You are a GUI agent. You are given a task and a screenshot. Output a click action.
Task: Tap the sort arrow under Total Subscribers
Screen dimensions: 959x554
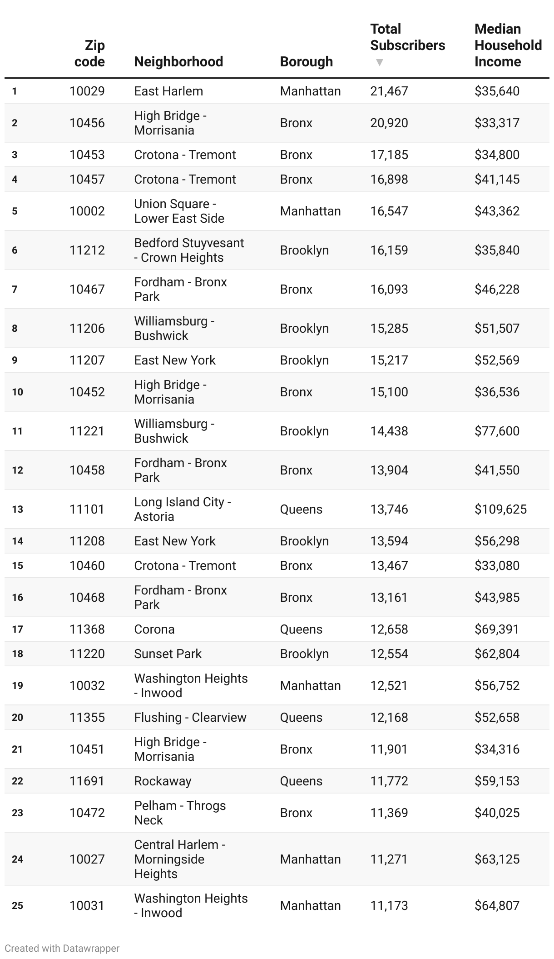pyautogui.click(x=380, y=62)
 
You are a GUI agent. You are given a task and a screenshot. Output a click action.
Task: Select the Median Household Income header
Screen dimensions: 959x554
pyautogui.click(x=508, y=45)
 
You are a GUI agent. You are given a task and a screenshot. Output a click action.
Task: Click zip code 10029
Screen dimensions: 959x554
pyautogui.click(x=87, y=91)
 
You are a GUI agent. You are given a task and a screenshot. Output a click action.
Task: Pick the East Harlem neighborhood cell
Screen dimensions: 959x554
pyautogui.click(x=168, y=91)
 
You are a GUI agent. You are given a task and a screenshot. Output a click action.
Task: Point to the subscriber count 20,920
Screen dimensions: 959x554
pyautogui.click(x=389, y=123)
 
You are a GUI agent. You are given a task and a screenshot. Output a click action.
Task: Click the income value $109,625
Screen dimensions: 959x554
pyautogui.click(x=500, y=509)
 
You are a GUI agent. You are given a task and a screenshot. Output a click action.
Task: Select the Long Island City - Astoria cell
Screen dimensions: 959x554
pyautogui.click(x=182, y=509)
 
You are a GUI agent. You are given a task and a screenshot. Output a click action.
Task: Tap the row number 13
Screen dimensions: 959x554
pyautogui.click(x=17, y=509)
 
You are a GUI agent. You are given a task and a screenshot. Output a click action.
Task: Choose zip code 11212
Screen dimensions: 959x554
pyautogui.click(x=87, y=250)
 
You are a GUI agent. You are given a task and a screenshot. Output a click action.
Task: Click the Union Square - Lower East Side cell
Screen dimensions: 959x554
pyautogui.click(x=179, y=211)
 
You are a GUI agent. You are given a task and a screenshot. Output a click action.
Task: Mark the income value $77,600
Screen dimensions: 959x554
pyautogui.click(x=497, y=431)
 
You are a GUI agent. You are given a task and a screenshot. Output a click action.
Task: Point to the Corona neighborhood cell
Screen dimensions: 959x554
pyautogui.click(x=154, y=629)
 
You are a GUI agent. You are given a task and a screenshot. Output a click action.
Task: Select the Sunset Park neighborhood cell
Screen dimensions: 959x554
pyautogui.click(x=168, y=654)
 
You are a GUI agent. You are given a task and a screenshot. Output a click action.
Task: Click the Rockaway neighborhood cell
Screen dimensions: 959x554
pyautogui.click(x=163, y=781)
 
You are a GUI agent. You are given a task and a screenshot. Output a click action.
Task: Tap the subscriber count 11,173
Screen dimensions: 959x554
pyautogui.click(x=389, y=906)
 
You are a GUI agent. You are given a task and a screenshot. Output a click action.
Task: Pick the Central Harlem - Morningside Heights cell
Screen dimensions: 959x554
pyautogui.click(x=179, y=859)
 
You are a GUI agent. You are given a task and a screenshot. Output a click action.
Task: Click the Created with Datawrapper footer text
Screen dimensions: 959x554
pyautogui.click(x=62, y=949)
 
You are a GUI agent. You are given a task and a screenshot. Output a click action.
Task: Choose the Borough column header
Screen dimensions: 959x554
pyautogui.click(x=306, y=62)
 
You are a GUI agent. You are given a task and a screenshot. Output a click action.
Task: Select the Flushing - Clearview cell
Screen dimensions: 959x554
pyautogui.click(x=190, y=718)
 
